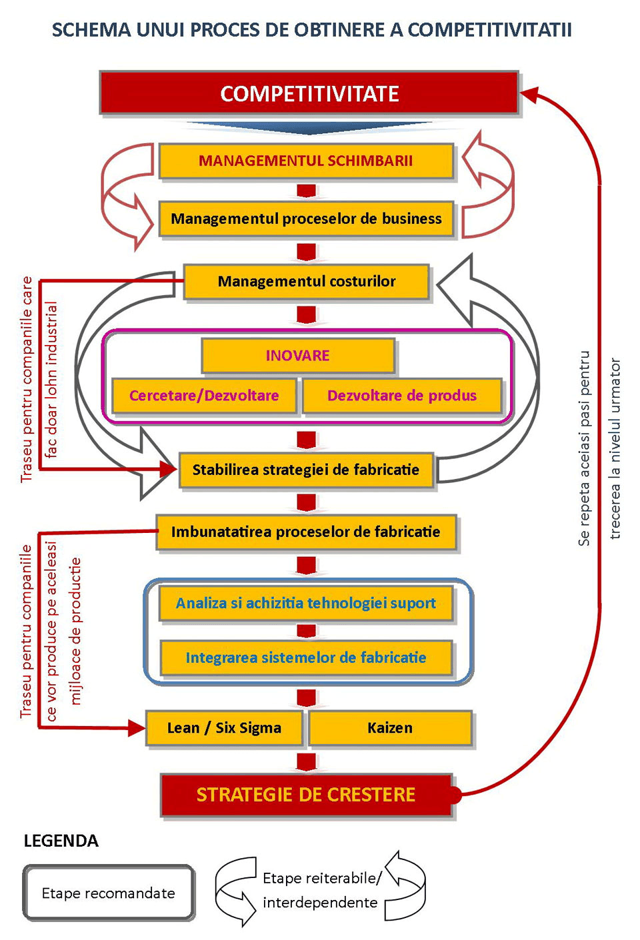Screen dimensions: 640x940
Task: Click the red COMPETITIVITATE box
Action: point(309,93)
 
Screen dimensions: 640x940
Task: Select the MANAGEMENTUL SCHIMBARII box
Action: point(306,161)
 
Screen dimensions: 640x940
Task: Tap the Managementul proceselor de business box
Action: point(306,219)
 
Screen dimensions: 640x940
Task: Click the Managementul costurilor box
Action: point(306,281)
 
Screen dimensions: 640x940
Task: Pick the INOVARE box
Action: point(298,356)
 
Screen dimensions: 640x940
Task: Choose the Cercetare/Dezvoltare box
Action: point(204,395)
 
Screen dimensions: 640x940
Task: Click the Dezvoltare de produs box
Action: point(402,395)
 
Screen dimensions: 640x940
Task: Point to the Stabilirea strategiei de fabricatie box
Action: point(306,470)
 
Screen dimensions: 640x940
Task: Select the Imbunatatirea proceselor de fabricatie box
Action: point(306,532)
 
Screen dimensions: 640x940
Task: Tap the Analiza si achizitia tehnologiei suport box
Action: point(306,603)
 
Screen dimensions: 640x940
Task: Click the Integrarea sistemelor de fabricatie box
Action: point(306,657)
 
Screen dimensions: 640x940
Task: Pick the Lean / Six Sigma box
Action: point(224,727)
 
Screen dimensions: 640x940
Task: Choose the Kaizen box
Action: point(390,727)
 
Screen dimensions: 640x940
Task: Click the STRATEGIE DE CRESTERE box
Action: point(306,795)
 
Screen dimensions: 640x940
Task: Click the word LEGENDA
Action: point(61,841)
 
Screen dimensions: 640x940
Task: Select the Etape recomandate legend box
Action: point(109,893)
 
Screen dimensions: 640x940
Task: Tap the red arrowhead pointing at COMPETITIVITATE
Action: point(529,94)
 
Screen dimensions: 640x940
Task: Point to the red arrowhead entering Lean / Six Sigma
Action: point(137,728)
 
